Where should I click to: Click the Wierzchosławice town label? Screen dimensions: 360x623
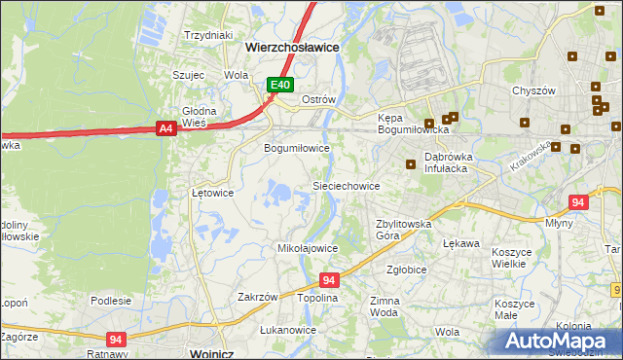pos(292,46)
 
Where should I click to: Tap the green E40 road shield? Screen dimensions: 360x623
pos(280,86)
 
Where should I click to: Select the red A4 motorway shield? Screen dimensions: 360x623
pos(165,126)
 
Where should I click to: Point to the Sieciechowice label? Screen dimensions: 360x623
pos(346,185)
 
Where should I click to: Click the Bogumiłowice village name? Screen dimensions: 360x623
pos(298,149)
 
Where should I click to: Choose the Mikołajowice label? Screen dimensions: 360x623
pos(308,248)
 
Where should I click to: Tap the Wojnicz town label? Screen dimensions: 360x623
pos(216,353)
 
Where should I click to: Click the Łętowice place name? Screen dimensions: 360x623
pos(212,193)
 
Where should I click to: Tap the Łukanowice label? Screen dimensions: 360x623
pos(289,330)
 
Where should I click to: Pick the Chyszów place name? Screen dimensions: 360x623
pos(533,90)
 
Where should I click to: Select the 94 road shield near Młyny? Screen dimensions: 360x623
pos(578,202)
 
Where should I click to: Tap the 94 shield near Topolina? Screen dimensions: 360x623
pos(328,280)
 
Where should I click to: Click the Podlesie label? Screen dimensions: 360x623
pos(111,301)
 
